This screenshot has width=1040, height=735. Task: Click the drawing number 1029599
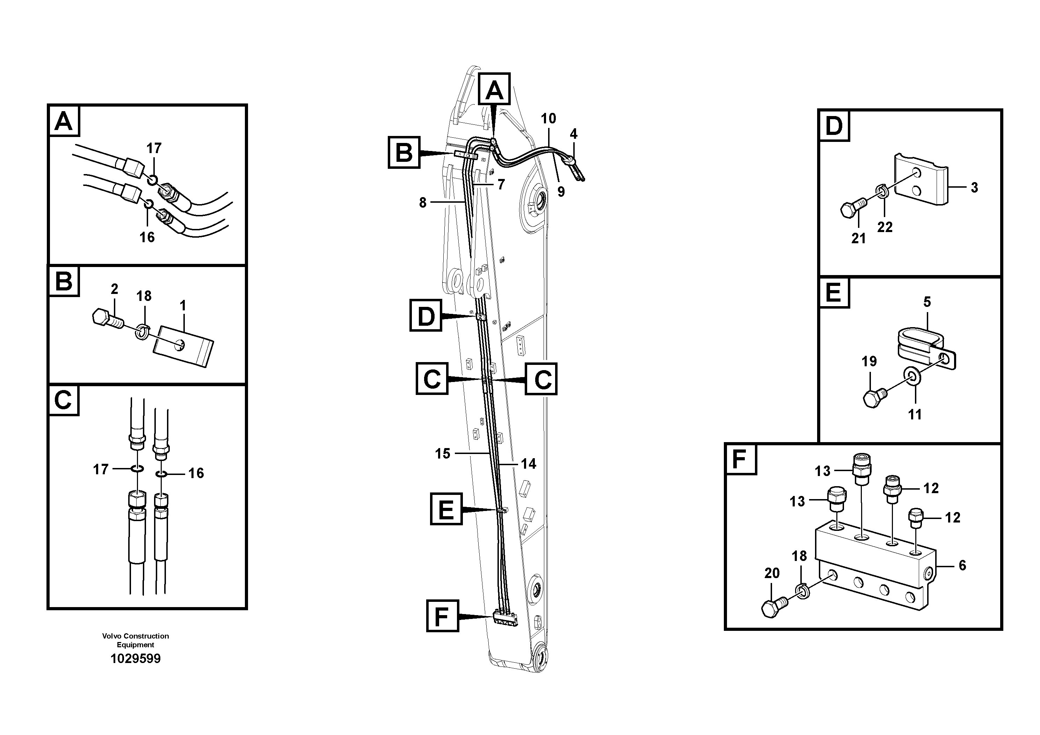pyautogui.click(x=136, y=658)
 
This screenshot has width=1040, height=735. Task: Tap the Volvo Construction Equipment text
pyautogui.click(x=136, y=640)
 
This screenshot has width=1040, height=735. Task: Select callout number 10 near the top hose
pyautogui.click(x=548, y=119)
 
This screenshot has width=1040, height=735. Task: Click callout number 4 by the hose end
pyautogui.click(x=573, y=134)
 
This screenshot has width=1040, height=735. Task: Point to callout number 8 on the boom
pyautogui.click(x=423, y=203)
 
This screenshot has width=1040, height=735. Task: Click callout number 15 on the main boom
pyautogui.click(x=443, y=453)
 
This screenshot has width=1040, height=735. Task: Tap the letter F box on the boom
pyautogui.click(x=442, y=616)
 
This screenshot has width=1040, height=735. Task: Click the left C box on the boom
pyautogui.click(x=432, y=379)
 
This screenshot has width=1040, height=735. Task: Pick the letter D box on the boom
pyautogui.click(x=426, y=315)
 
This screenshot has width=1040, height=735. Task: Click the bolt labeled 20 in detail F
pyautogui.click(x=774, y=607)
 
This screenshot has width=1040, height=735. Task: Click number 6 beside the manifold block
pyautogui.click(x=962, y=565)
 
